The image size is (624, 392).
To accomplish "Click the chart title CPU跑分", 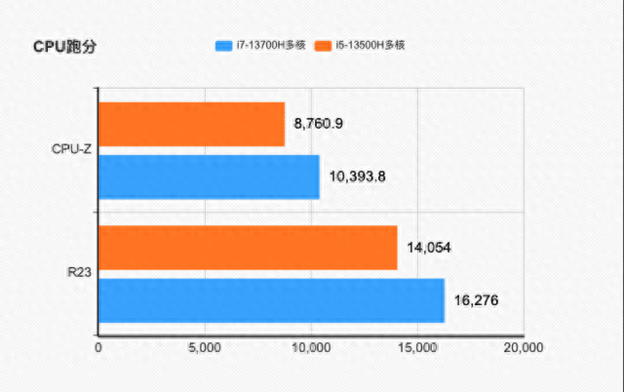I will click(64, 47).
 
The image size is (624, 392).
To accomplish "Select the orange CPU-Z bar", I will click(191, 124).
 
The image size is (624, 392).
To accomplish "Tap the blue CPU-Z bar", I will click(209, 176).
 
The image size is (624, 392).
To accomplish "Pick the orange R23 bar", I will click(248, 248).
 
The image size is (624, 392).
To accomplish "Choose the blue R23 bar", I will click(271, 300).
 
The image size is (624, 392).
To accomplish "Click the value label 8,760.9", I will click(319, 124).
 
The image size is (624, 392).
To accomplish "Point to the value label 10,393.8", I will click(360, 176).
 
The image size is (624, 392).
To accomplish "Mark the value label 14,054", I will click(428, 248).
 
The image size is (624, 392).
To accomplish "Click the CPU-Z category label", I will click(72, 150).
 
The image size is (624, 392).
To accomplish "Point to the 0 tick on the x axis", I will click(98, 346).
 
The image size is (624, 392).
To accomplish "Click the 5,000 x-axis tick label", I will click(205, 346).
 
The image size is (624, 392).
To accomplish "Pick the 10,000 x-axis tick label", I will click(311, 346).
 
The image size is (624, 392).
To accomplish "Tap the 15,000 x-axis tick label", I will click(417, 346).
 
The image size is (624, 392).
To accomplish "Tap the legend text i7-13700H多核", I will click(271, 45).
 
